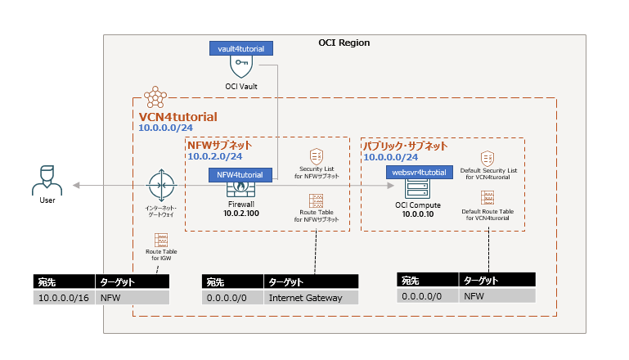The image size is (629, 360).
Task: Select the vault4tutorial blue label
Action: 240,49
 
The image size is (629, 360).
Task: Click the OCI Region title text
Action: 344,43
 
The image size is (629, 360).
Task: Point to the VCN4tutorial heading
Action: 178,117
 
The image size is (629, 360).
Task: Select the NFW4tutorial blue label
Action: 240,174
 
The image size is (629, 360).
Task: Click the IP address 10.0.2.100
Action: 240,213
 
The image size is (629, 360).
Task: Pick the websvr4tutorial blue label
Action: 420,173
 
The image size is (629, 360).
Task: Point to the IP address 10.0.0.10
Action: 418,213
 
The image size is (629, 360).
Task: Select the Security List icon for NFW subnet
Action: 316,155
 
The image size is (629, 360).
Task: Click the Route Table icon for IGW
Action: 161,239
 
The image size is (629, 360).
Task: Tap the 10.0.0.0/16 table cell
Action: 64,298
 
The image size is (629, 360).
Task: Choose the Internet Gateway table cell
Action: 311,298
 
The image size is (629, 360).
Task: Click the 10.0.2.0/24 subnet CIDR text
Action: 215,156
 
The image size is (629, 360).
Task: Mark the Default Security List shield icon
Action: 487,158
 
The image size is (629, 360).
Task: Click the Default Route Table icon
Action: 487,199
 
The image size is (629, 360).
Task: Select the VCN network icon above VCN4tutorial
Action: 155,98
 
